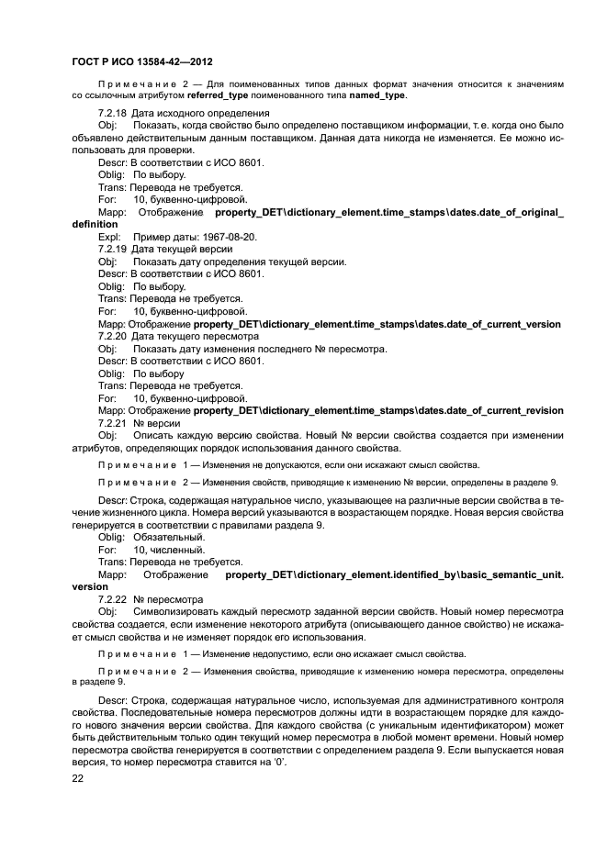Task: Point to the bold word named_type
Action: pos(378,95)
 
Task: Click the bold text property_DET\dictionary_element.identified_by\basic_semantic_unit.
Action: pos(394,574)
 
